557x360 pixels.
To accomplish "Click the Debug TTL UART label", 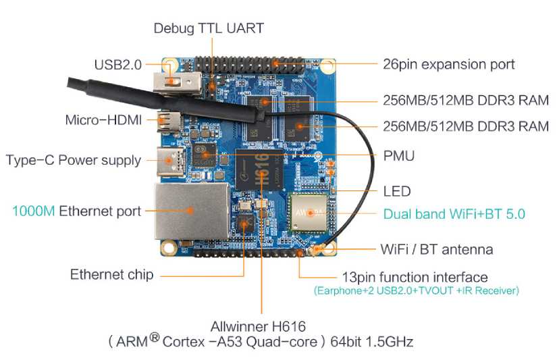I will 208,28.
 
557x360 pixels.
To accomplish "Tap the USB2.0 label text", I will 118,65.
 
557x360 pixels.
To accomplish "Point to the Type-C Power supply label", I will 74,161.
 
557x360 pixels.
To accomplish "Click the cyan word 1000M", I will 33,211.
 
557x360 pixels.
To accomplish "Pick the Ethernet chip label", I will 111,275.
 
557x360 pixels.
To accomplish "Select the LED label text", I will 396,191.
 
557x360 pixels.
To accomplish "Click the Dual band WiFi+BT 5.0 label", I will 454,214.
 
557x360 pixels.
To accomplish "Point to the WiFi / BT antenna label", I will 436,249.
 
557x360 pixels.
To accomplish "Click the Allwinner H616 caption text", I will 262,324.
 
